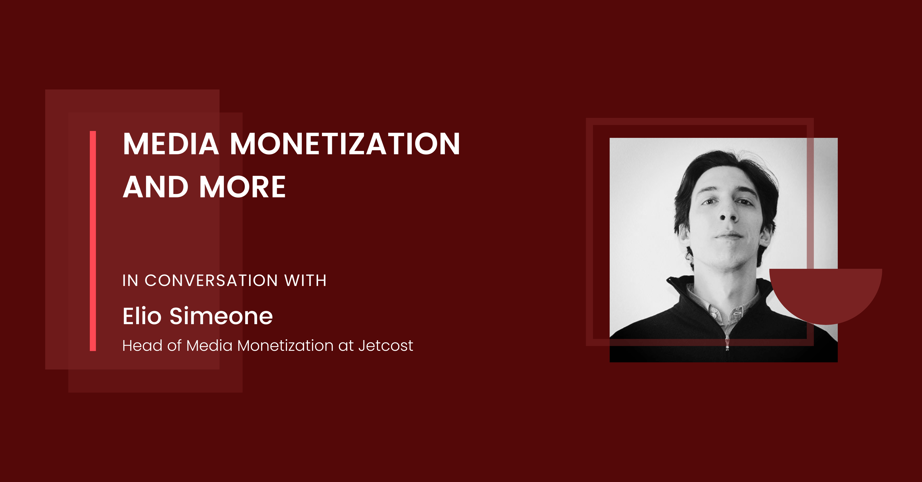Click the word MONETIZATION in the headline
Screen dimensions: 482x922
pos(345,144)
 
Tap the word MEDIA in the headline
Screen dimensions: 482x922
pos(171,144)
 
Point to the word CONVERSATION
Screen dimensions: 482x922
pos(211,280)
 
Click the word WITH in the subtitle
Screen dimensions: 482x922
pos(305,280)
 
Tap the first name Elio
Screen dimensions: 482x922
pos(142,316)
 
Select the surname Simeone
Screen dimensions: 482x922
pos(221,316)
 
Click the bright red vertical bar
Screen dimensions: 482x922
pos(93,241)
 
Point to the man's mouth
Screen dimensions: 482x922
pos(729,236)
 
